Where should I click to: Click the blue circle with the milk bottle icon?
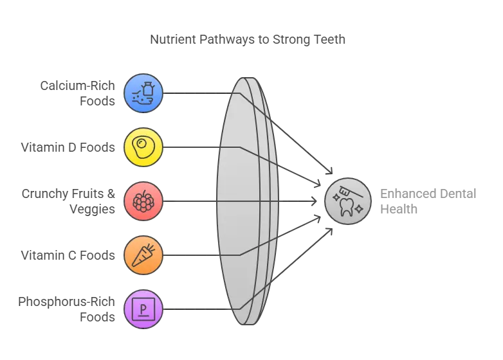coord(143,93)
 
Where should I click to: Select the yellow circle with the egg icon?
coord(143,147)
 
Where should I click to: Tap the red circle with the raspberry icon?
coord(143,202)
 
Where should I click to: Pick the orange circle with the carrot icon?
coord(143,255)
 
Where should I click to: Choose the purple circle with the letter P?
coord(143,309)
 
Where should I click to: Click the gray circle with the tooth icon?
coord(347,201)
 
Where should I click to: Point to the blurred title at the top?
coord(250,39)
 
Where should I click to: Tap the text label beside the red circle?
coord(70,202)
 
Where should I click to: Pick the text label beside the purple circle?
coord(67,309)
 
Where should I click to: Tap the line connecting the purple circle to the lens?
coord(193,309)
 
